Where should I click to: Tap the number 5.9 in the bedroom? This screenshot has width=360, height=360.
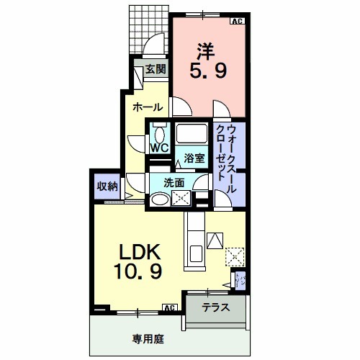206,71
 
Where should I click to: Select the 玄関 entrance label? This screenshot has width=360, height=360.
156,69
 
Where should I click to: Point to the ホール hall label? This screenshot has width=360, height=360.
147,107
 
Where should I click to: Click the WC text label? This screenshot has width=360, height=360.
159,148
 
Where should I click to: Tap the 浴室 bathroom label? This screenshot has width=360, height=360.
194,158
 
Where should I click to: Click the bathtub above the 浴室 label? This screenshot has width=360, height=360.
192,135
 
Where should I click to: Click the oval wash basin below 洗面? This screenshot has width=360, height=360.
158,200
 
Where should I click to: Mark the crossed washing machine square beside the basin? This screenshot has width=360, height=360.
180,199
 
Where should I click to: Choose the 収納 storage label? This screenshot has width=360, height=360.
107,186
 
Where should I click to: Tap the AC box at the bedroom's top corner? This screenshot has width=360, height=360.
236,21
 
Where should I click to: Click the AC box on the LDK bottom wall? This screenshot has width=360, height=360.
170,308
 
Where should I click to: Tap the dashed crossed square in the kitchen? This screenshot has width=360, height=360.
233,256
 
